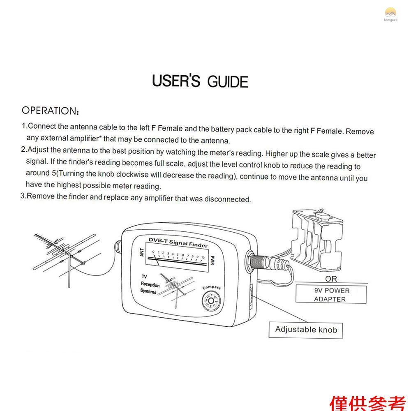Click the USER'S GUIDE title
200,81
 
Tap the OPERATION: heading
50,111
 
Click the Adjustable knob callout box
306,330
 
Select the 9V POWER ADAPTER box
331,295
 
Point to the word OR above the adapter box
331,279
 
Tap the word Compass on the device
212,287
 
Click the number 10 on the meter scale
203,257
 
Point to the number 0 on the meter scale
153,252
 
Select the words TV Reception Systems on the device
150,284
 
